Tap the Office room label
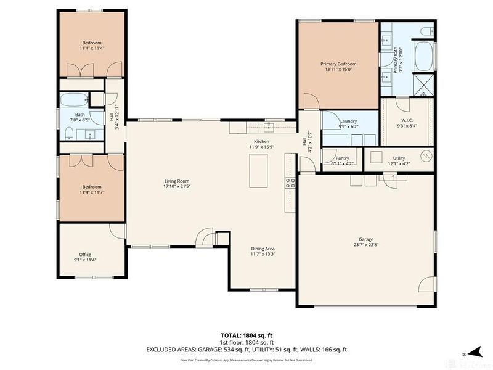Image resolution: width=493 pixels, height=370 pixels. [85, 254]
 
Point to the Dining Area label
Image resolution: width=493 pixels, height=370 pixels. [263, 248]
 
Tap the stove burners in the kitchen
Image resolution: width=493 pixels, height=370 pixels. [290, 183]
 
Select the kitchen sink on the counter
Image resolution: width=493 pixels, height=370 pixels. [269, 127]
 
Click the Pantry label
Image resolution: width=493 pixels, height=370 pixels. [343, 158]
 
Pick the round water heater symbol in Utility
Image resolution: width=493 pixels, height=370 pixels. [424, 157]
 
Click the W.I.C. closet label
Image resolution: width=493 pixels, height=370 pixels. [407, 120]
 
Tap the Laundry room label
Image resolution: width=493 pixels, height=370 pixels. [348, 121]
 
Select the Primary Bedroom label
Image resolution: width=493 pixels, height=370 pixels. [338, 64]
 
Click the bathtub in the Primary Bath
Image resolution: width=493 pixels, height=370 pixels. [423, 56]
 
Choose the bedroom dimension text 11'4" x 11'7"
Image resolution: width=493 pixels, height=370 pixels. [90, 193]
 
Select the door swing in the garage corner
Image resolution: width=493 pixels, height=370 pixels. [426, 284]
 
